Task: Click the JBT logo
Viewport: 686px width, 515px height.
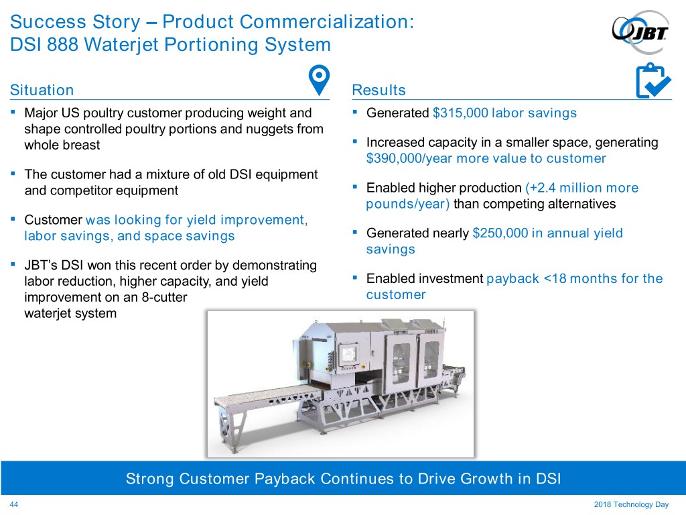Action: click(x=640, y=32)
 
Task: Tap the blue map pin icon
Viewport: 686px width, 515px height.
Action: click(x=319, y=80)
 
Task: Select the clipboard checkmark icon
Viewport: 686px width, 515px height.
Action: click(x=653, y=81)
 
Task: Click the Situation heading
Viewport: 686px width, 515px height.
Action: click(x=42, y=90)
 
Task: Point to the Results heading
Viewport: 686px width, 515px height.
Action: click(x=379, y=90)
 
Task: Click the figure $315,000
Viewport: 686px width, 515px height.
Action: click(x=460, y=113)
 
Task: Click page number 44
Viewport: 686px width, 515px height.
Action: click(x=14, y=504)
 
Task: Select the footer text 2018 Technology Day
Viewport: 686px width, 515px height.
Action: click(x=631, y=504)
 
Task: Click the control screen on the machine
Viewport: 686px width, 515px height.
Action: click(x=348, y=354)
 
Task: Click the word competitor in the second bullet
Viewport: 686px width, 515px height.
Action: click(x=90, y=191)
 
